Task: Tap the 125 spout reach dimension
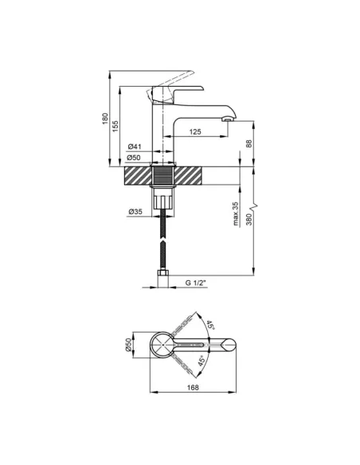196,132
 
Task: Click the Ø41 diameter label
135,147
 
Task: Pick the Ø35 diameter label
135,212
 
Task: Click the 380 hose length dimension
249,220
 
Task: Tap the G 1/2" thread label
196,283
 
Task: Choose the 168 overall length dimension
193,388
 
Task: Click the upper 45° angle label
209,326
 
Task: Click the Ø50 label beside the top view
128,345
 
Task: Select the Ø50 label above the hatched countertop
135,158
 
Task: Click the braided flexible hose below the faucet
162,239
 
